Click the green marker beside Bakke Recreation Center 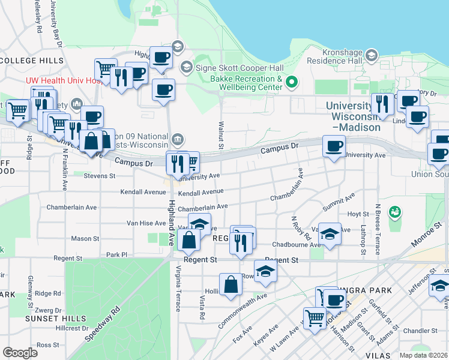tap(292, 82)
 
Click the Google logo tap(20, 353)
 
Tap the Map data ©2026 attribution tap(423, 355)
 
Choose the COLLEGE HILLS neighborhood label tap(32, 61)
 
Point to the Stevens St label tap(99, 176)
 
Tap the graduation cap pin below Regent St tap(266, 271)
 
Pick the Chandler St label tap(421, 331)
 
